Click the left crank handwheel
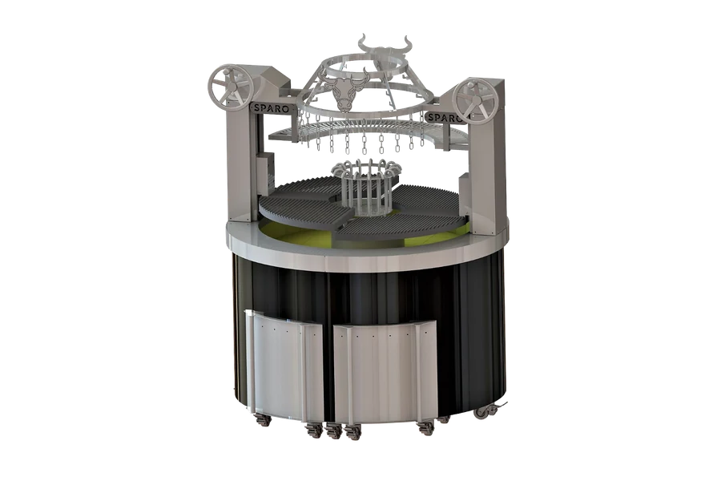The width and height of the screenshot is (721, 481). pyautogui.click(x=230, y=87)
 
